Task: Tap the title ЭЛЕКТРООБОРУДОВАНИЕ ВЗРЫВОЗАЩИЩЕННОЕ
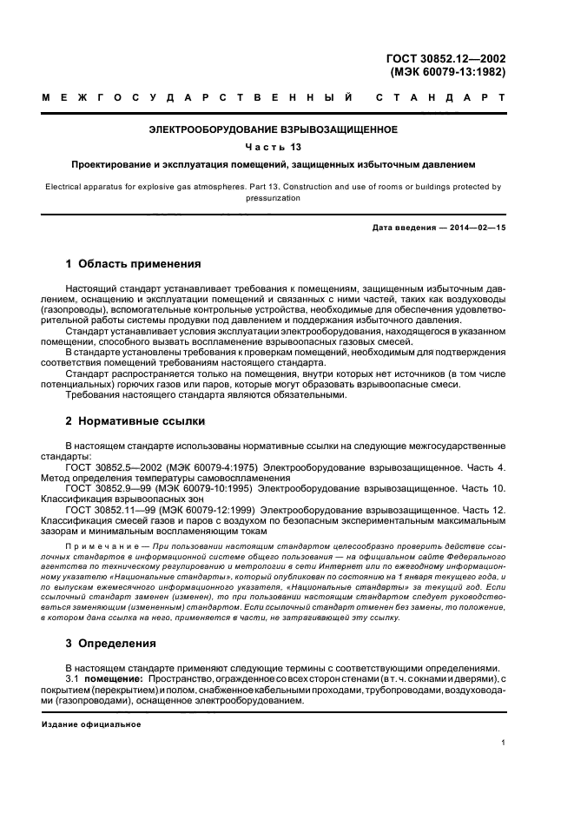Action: click(x=274, y=129)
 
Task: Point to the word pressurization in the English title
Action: click(x=274, y=197)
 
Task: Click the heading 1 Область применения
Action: click(x=134, y=263)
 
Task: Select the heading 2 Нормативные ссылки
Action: click(x=135, y=421)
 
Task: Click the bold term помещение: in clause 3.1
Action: click(x=116, y=677)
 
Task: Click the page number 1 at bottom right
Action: click(x=504, y=743)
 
